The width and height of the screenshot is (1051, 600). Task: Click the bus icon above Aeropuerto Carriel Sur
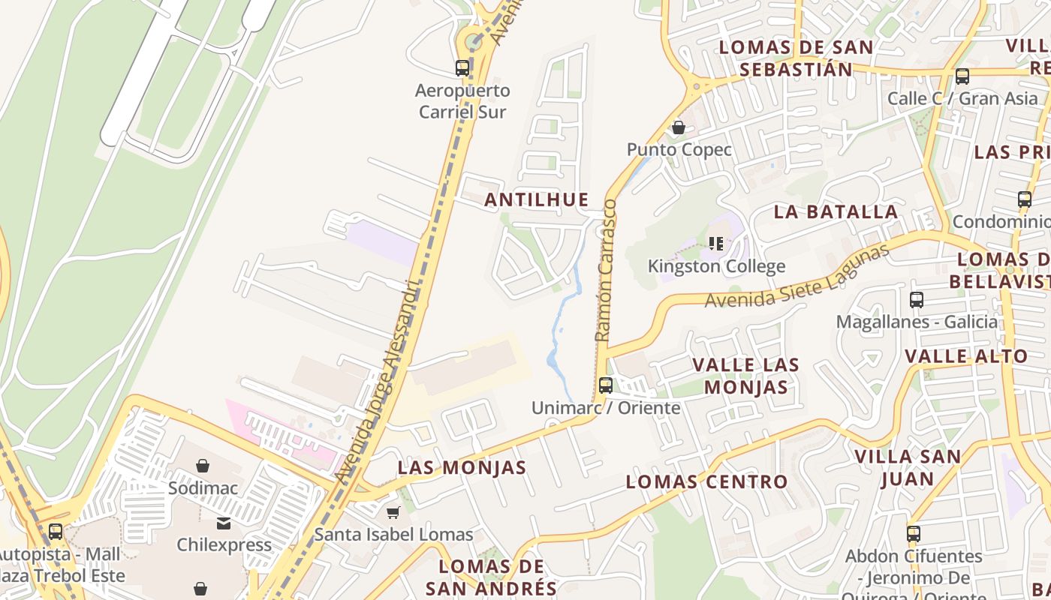(462, 68)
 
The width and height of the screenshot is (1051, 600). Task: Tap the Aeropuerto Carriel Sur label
(462, 101)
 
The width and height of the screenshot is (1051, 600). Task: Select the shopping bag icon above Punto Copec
(679, 127)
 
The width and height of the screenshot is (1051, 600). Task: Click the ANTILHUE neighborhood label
(536, 199)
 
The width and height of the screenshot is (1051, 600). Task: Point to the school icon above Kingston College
(716, 243)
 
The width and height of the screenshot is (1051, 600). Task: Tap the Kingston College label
(716, 266)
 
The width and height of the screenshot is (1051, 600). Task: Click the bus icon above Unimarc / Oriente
(606, 385)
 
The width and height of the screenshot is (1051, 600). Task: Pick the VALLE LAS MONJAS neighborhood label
(745, 376)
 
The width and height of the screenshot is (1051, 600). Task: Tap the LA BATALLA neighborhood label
(836, 211)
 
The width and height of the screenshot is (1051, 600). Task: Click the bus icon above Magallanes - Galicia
(917, 300)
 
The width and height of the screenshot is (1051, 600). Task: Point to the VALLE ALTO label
(966, 356)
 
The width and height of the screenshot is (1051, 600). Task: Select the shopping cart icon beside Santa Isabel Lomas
(393, 512)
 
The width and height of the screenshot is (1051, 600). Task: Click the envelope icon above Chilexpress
(224, 523)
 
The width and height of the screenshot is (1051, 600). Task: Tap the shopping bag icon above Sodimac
(203, 466)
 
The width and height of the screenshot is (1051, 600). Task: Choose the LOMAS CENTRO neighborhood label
(706, 481)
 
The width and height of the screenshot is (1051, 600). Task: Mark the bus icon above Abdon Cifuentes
(914, 534)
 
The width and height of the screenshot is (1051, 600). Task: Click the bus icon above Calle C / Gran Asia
(962, 76)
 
